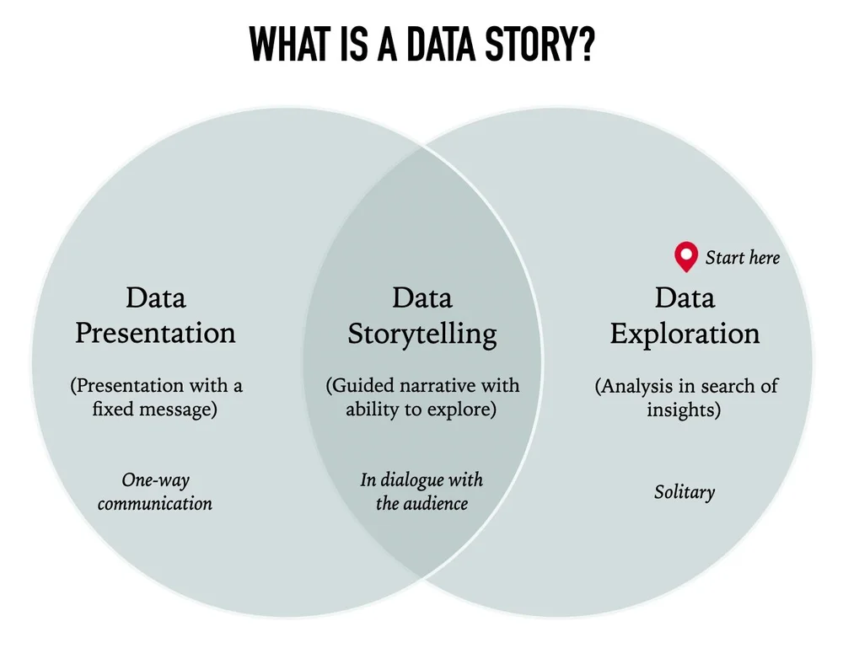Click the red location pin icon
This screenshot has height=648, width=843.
click(x=686, y=256)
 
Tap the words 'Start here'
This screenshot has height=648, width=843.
click(x=743, y=257)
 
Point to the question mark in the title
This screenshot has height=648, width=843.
click(x=584, y=45)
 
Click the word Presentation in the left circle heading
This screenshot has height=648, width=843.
click(x=155, y=333)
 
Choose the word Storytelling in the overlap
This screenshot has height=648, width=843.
click(x=421, y=334)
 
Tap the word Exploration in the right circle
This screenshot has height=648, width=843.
click(x=685, y=334)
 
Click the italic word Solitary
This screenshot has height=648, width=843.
click(x=684, y=491)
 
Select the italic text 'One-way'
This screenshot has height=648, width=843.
click(x=155, y=480)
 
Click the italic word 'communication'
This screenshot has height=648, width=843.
click(x=155, y=504)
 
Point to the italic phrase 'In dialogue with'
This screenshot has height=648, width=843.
click(x=421, y=480)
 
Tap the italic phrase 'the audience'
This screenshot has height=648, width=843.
click(x=421, y=504)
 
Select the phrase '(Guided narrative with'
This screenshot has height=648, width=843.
click(x=422, y=386)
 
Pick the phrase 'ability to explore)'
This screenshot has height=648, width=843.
click(x=421, y=411)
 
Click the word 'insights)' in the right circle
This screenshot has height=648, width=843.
click(x=685, y=411)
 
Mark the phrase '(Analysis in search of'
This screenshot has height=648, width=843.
click(x=686, y=386)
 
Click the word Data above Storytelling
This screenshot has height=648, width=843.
click(x=421, y=297)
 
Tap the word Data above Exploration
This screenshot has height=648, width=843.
click(x=685, y=297)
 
